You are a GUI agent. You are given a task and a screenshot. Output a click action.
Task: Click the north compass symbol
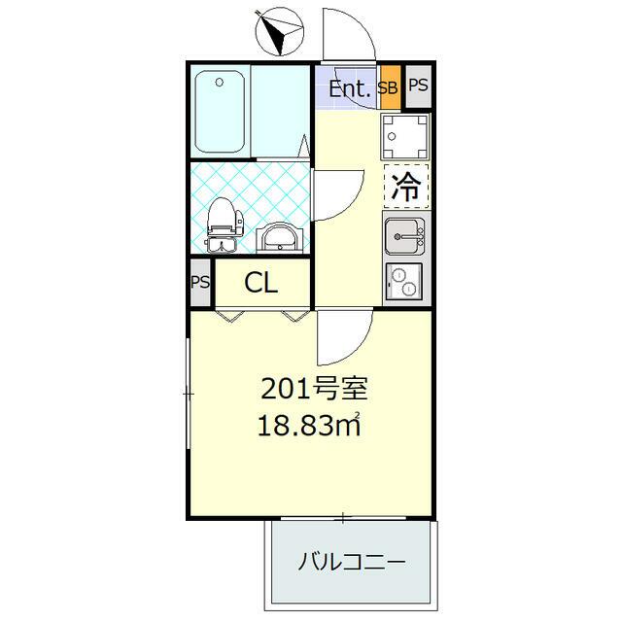(x=280, y=32)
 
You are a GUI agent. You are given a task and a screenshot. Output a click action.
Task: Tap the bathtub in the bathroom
(x=220, y=112)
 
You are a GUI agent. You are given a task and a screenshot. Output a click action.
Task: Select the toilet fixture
(x=224, y=225)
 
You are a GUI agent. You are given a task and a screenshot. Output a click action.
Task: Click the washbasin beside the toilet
(x=279, y=237)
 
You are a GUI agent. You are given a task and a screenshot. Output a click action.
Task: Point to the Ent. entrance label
(x=349, y=88)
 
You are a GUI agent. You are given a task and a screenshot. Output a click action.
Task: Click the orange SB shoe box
(x=391, y=87)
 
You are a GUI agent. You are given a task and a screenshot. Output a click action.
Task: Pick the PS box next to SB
(x=419, y=86)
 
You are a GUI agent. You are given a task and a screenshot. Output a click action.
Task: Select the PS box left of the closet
(x=200, y=283)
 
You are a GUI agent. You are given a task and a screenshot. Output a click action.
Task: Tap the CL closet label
(x=260, y=283)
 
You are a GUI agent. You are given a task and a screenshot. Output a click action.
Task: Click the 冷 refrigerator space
(x=406, y=187)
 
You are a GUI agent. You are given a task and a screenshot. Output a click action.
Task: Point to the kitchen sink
(x=404, y=236)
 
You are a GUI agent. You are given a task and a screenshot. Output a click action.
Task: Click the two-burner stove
(x=404, y=281)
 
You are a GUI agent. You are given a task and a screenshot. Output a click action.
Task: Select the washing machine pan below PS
(x=404, y=136)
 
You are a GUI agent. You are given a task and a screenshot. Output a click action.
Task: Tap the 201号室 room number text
(x=314, y=389)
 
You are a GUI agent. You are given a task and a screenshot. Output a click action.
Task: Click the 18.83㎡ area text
(x=309, y=425)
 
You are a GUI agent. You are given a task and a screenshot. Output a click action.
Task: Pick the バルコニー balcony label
(x=352, y=562)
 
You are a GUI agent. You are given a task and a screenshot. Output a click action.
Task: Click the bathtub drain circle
(x=219, y=83)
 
